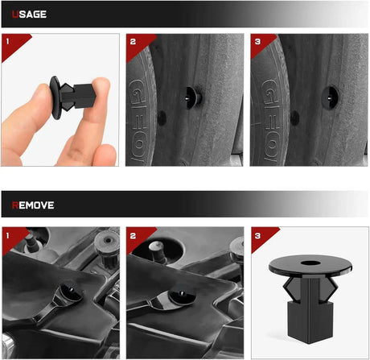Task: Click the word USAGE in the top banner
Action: [29, 14]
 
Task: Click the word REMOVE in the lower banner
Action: [33, 205]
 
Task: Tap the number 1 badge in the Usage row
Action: [7, 41]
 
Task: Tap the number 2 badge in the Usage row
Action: [133, 42]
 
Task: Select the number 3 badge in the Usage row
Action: [257, 42]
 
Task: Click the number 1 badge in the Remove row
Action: [7, 236]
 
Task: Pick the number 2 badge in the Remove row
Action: [133, 236]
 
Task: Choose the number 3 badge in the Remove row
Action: [257, 236]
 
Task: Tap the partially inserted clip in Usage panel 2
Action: [193, 97]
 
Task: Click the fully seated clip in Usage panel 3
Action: [330, 97]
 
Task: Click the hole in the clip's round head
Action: [310, 262]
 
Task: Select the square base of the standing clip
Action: [310, 322]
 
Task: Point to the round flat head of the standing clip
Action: [310, 265]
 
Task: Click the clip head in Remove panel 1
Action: [71, 292]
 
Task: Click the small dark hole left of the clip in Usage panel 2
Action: [162, 118]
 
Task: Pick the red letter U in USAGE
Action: [15, 14]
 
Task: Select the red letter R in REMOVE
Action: [15, 205]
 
